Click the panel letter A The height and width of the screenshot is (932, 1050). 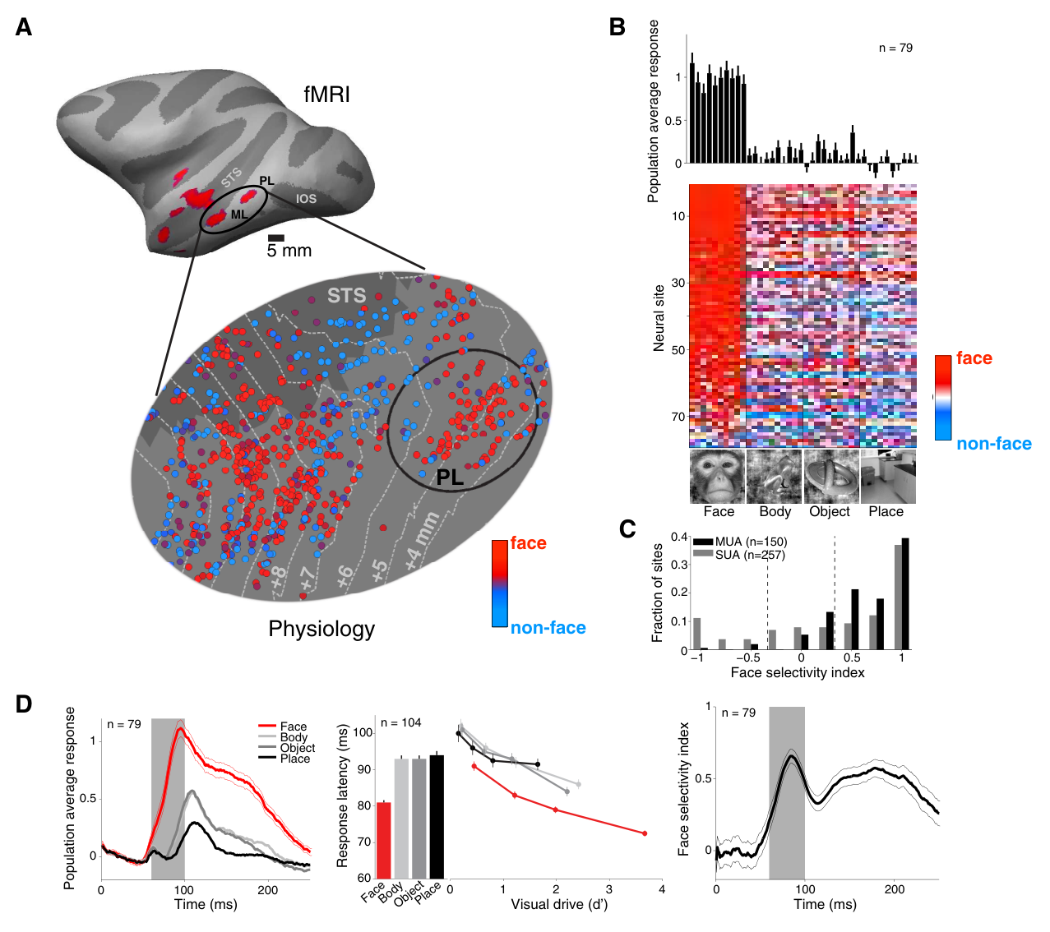[x=24, y=27]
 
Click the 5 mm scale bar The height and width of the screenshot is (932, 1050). [x=275, y=238]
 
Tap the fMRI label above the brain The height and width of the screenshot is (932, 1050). [x=326, y=95]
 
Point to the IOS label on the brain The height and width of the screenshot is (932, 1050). [x=306, y=198]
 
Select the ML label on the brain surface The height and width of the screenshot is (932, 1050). [x=239, y=214]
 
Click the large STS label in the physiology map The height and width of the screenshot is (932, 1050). [x=346, y=295]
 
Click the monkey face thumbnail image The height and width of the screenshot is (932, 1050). [x=717, y=476]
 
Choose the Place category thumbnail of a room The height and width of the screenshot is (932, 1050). [x=888, y=476]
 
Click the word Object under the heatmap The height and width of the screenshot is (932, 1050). [x=829, y=512]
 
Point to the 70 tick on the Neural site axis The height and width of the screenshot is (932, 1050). [x=678, y=416]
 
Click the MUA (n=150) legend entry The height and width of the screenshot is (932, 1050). [x=740, y=542]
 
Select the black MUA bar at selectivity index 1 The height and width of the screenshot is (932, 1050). [x=905, y=593]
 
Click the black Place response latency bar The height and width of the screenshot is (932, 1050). [x=437, y=816]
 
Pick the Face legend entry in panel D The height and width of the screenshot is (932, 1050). [x=283, y=727]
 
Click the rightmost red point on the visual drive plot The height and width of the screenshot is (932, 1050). [x=645, y=833]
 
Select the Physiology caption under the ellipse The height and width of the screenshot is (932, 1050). [x=321, y=629]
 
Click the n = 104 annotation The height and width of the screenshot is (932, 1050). [x=400, y=722]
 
